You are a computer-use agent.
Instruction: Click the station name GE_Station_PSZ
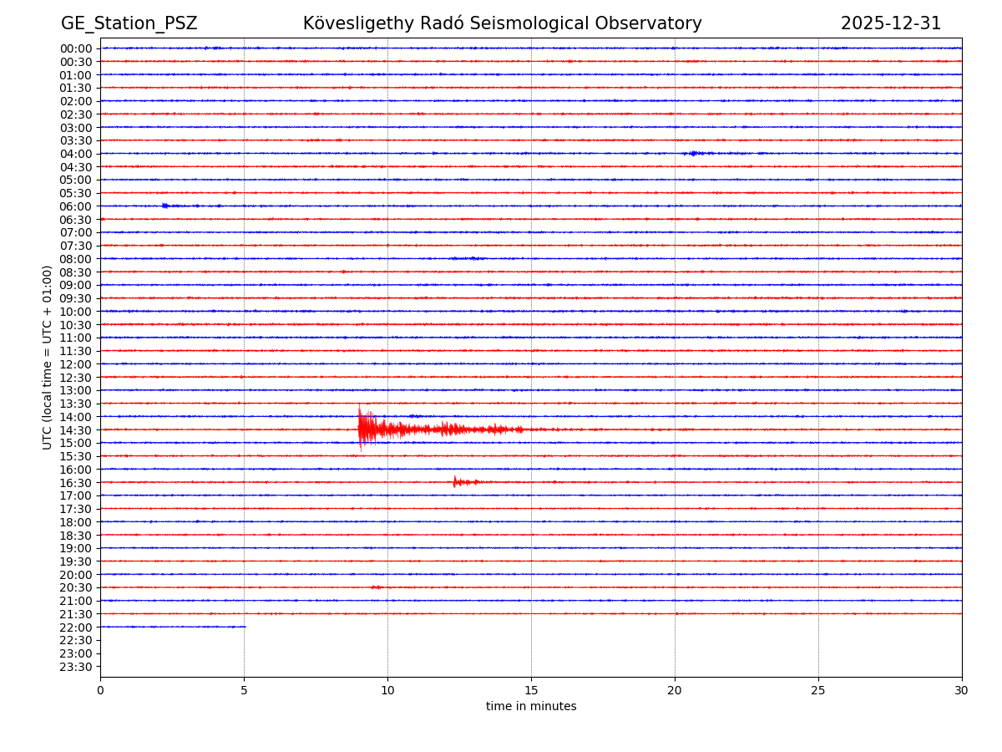coord(129,23)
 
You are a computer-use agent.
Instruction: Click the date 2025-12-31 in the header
coord(890,23)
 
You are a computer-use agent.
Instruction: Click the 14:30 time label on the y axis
coord(76,429)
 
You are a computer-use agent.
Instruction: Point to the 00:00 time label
coord(76,48)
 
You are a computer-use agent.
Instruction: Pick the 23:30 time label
coord(76,667)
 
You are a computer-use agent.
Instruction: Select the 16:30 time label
coord(76,482)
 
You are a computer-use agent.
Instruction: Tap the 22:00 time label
coord(76,627)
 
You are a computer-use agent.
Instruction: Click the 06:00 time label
coord(76,206)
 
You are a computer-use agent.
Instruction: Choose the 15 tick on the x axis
coord(531,690)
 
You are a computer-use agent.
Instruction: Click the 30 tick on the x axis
coord(962,690)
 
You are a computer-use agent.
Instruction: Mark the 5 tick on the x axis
coord(244,690)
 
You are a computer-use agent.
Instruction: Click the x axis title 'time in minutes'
coord(531,707)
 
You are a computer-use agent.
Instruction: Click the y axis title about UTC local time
coord(48,357)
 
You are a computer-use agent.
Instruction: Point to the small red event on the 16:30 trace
coord(455,481)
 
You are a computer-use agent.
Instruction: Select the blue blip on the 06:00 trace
coord(165,206)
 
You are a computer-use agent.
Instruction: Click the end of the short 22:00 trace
coord(245,627)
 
